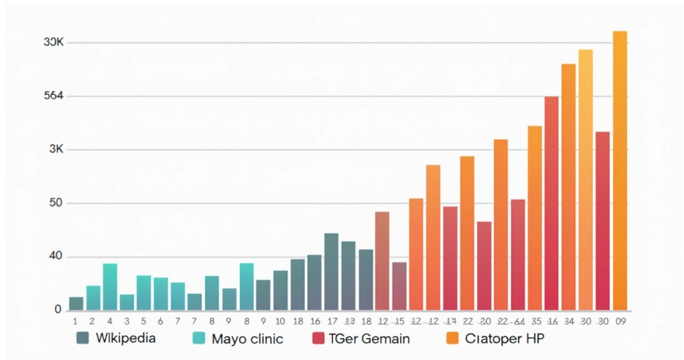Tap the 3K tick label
(56, 150)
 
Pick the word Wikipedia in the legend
(125, 338)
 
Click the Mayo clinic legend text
(247, 339)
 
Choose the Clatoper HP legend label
(505, 339)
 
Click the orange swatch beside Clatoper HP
(453, 338)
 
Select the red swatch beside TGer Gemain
(318, 338)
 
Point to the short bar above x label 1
(76, 304)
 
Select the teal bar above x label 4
(110, 287)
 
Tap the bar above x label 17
(331, 272)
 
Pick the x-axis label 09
(620, 322)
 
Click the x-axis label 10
(280, 322)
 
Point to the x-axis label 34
(569, 322)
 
